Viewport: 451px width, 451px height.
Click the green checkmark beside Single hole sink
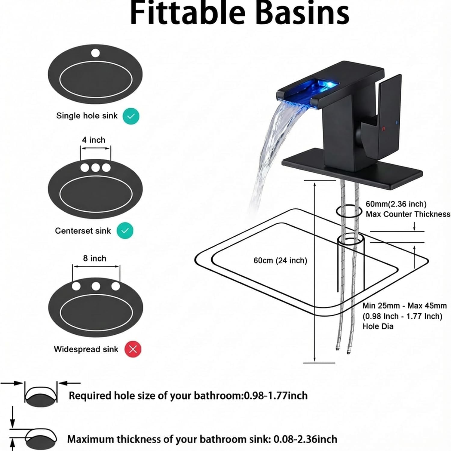point(131,116)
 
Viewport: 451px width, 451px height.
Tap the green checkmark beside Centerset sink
point(125,231)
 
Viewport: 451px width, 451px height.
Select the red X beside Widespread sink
point(133,349)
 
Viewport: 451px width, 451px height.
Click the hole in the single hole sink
point(95,53)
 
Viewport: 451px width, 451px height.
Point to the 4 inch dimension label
point(94,140)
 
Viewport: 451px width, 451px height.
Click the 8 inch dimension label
point(95,259)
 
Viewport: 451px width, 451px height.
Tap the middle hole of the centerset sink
point(95,167)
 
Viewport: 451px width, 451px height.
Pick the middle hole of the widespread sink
point(96,286)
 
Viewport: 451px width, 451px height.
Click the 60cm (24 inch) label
point(280,260)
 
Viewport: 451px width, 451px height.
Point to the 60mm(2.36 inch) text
point(396,204)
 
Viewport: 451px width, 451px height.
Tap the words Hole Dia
point(378,327)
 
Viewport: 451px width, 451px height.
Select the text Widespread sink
point(86,349)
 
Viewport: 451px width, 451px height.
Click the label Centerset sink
point(83,231)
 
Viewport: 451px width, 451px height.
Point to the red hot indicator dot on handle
point(383,129)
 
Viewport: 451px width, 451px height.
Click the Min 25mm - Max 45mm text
point(404,306)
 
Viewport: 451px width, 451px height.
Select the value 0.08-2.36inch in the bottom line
point(305,439)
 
